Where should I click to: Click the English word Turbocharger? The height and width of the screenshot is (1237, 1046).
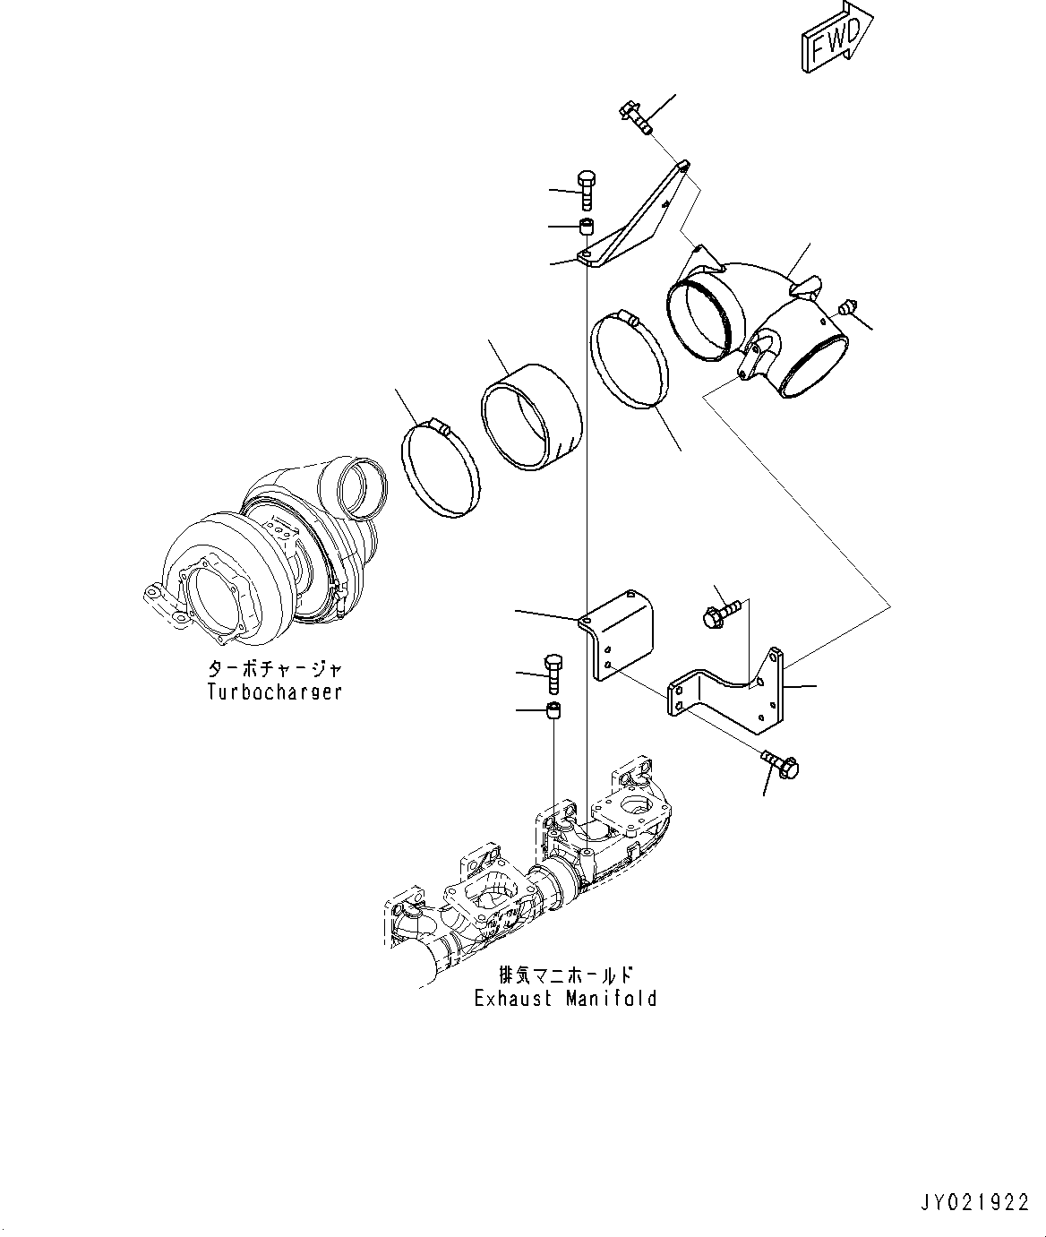pos(275,692)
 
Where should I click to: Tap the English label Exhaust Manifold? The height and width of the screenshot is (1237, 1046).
pos(565,999)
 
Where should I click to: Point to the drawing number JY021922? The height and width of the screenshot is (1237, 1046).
pos(975,1202)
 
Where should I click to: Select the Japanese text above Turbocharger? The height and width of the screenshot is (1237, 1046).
pos(275,667)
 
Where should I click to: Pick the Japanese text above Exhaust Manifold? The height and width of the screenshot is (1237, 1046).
pos(565,975)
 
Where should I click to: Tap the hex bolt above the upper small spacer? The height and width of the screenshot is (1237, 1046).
pos(586,190)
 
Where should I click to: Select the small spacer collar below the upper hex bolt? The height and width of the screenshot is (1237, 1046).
pos(587,228)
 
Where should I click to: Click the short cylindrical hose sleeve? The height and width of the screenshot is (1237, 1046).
pos(531,417)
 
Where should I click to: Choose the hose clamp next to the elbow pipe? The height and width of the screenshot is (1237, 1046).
pos(630,359)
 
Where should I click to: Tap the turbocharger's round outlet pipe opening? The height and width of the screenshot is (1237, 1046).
pos(362,488)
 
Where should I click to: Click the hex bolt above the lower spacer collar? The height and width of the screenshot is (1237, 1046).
pos(553,674)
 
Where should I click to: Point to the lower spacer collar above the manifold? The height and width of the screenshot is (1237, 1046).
pos(553,710)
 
